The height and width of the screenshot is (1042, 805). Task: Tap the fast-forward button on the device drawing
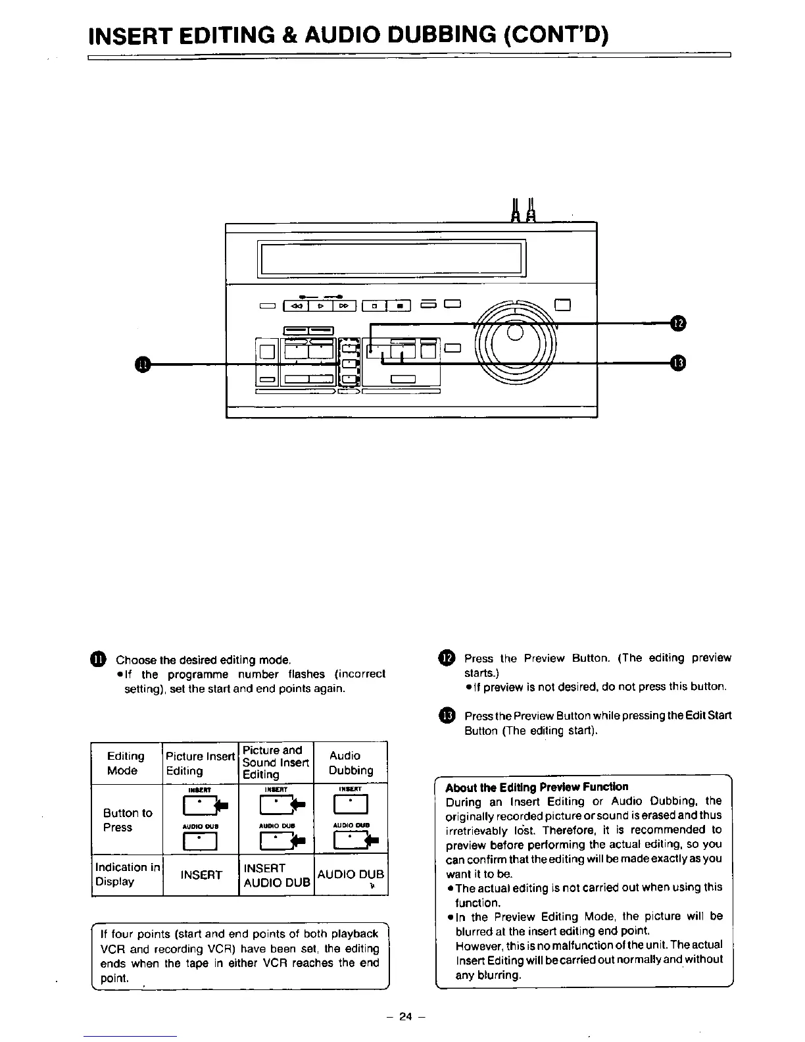click(x=345, y=305)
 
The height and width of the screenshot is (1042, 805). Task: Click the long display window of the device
click(x=393, y=259)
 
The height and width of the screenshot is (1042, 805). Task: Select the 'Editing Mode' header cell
click(x=126, y=763)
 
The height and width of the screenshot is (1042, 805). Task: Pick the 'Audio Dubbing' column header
click(x=351, y=763)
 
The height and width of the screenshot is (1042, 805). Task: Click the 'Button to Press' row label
click(x=127, y=820)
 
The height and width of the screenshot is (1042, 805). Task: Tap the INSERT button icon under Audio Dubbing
click(x=351, y=804)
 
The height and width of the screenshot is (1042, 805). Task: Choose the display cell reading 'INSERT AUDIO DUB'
click(x=276, y=875)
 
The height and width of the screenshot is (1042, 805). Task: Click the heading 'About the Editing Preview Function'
click(x=537, y=787)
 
